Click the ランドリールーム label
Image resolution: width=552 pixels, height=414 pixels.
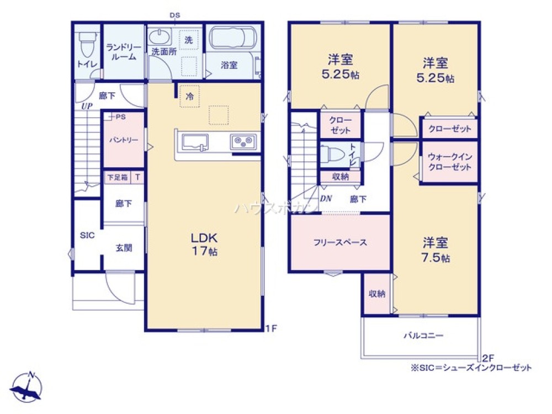[x=121, y=52]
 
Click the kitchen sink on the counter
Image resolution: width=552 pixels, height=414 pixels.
[x=193, y=142]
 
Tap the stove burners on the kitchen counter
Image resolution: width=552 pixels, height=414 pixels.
[x=242, y=141]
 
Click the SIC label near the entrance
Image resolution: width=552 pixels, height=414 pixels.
[x=87, y=236]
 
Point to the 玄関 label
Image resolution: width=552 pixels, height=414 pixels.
[x=124, y=248]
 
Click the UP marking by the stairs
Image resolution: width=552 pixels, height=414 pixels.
[x=86, y=106]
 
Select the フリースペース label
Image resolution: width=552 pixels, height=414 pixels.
[x=340, y=242]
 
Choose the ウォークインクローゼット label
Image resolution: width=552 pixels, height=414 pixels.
[x=449, y=162]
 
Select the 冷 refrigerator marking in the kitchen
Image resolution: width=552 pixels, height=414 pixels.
[x=189, y=96]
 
